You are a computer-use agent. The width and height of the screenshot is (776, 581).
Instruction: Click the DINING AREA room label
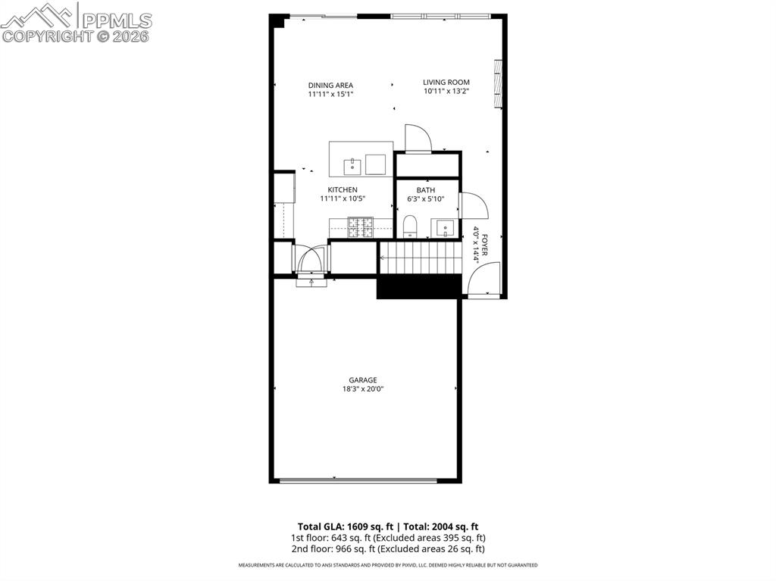[330, 85]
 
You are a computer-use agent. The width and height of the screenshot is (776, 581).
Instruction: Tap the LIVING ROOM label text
[446, 82]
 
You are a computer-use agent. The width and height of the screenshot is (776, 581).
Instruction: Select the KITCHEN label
[343, 189]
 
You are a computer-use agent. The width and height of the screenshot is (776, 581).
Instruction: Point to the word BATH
[426, 189]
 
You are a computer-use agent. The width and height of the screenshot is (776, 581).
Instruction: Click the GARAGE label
[363, 380]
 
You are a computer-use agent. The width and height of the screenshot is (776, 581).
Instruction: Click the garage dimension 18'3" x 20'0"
[363, 389]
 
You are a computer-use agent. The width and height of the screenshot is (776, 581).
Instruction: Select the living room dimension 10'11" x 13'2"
[446, 92]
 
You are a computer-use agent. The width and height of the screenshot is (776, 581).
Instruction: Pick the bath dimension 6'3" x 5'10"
[426, 199]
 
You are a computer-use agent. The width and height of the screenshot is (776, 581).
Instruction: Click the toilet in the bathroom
[410, 225]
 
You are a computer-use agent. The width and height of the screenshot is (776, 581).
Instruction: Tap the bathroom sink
[445, 226]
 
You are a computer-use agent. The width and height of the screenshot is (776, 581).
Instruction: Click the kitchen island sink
[353, 164]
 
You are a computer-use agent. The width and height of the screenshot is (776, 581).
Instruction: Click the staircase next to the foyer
[420, 258]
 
